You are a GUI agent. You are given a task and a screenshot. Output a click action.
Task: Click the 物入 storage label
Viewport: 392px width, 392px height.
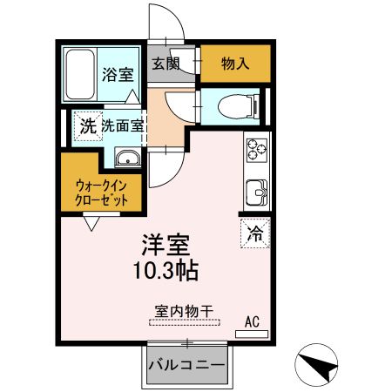click(x=234, y=63)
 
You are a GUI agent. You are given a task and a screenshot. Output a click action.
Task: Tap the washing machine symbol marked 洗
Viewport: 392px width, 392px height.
click(x=86, y=125)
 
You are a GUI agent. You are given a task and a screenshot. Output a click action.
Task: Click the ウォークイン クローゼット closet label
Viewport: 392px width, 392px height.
click(x=102, y=191)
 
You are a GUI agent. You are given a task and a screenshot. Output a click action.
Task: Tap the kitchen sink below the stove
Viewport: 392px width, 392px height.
click(x=257, y=190)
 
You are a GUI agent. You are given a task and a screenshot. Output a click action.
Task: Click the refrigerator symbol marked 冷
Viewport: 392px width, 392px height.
click(x=254, y=233)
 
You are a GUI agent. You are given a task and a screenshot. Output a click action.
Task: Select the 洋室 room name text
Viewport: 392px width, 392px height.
click(x=165, y=245)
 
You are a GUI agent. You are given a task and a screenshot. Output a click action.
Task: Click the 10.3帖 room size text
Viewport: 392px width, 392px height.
click(x=166, y=271)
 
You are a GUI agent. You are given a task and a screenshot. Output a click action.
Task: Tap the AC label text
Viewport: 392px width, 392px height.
click(x=252, y=321)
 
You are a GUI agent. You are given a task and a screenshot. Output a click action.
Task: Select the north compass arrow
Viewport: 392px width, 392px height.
click(x=318, y=362)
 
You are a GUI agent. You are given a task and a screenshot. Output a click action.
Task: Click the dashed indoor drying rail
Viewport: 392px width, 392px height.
click(x=186, y=321)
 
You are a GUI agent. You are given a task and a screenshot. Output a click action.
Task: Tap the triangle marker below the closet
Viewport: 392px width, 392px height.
click(x=91, y=224)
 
